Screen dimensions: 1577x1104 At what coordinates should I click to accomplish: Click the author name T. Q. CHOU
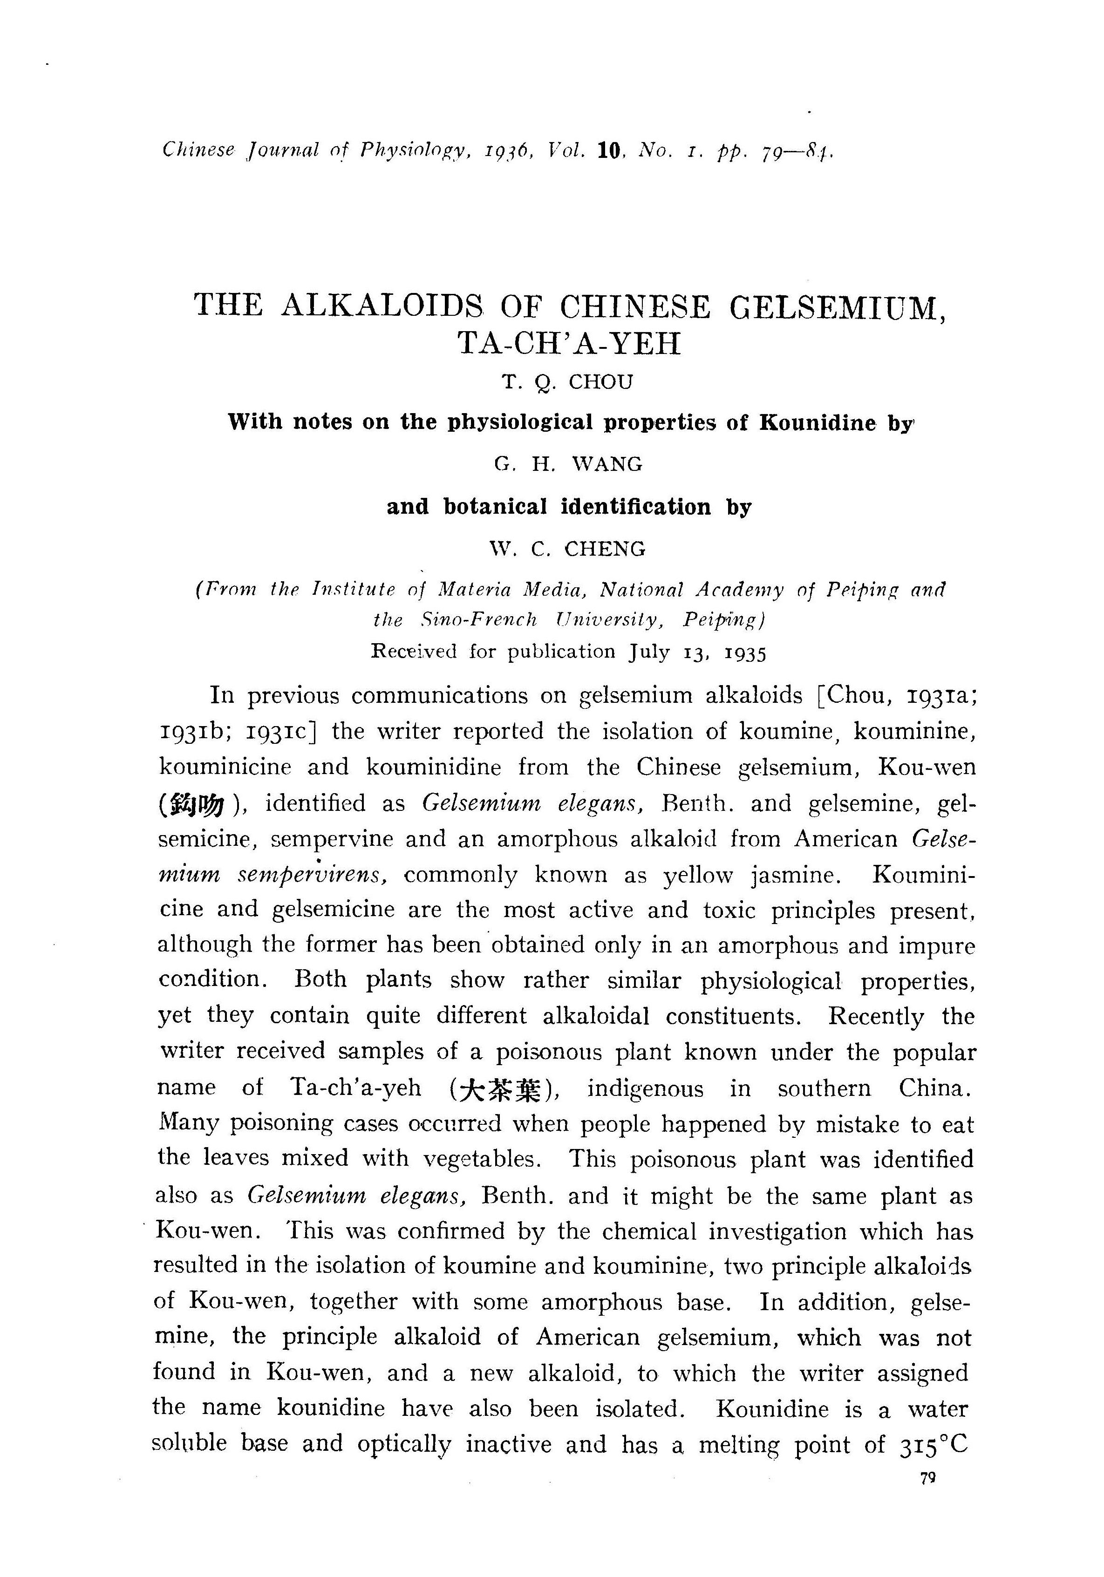coord(567,382)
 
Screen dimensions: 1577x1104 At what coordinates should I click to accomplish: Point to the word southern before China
coord(825,1088)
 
